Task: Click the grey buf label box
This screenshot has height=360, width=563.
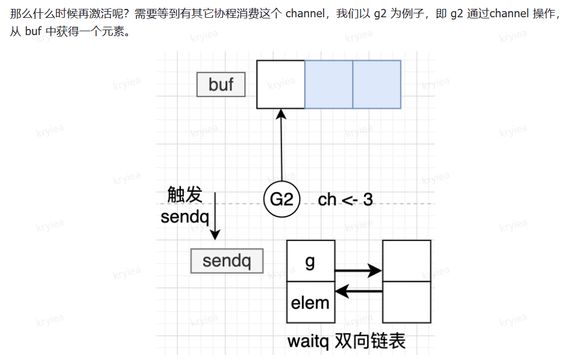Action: point(221,85)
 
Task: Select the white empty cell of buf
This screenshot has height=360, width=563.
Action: point(281,84)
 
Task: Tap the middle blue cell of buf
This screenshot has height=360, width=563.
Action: point(329,84)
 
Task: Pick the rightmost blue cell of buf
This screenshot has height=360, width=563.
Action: point(376,84)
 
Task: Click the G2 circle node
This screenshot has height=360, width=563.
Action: point(282,199)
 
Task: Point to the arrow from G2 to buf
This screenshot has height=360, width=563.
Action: point(281,145)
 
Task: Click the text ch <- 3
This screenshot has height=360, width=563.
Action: point(345,200)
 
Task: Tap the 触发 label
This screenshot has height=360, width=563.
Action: point(185,195)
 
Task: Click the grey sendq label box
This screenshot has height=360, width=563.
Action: point(227,261)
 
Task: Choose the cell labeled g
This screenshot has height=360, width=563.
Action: point(311,261)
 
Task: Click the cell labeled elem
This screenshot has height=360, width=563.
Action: point(311,303)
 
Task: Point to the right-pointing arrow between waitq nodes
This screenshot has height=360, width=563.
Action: point(358,271)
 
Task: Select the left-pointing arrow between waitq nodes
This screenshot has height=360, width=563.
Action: point(358,290)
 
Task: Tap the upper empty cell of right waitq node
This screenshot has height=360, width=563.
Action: point(407,261)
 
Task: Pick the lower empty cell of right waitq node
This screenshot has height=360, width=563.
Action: point(407,302)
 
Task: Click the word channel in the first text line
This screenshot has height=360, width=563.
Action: point(304,14)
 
